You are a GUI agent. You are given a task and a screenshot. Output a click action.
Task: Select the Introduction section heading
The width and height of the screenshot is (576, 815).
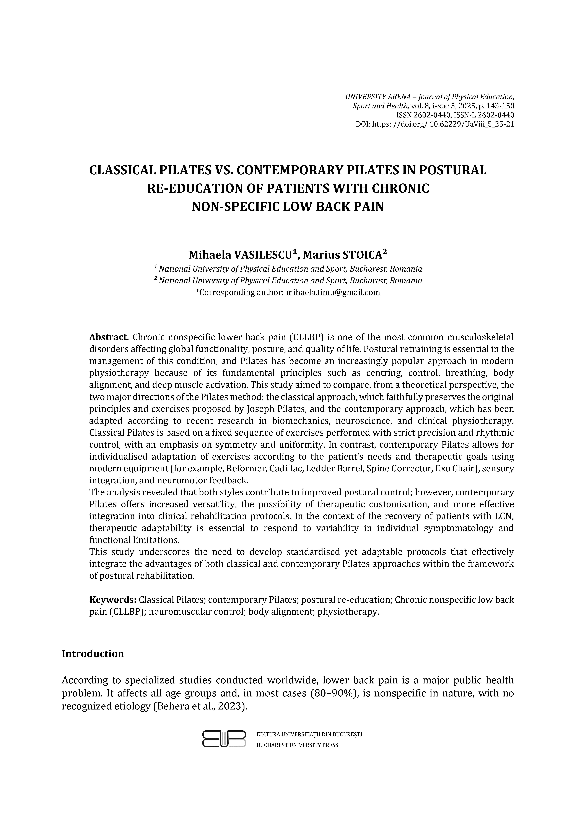click(93, 654)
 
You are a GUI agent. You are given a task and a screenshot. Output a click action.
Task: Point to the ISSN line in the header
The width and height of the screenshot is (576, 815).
click(455, 115)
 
